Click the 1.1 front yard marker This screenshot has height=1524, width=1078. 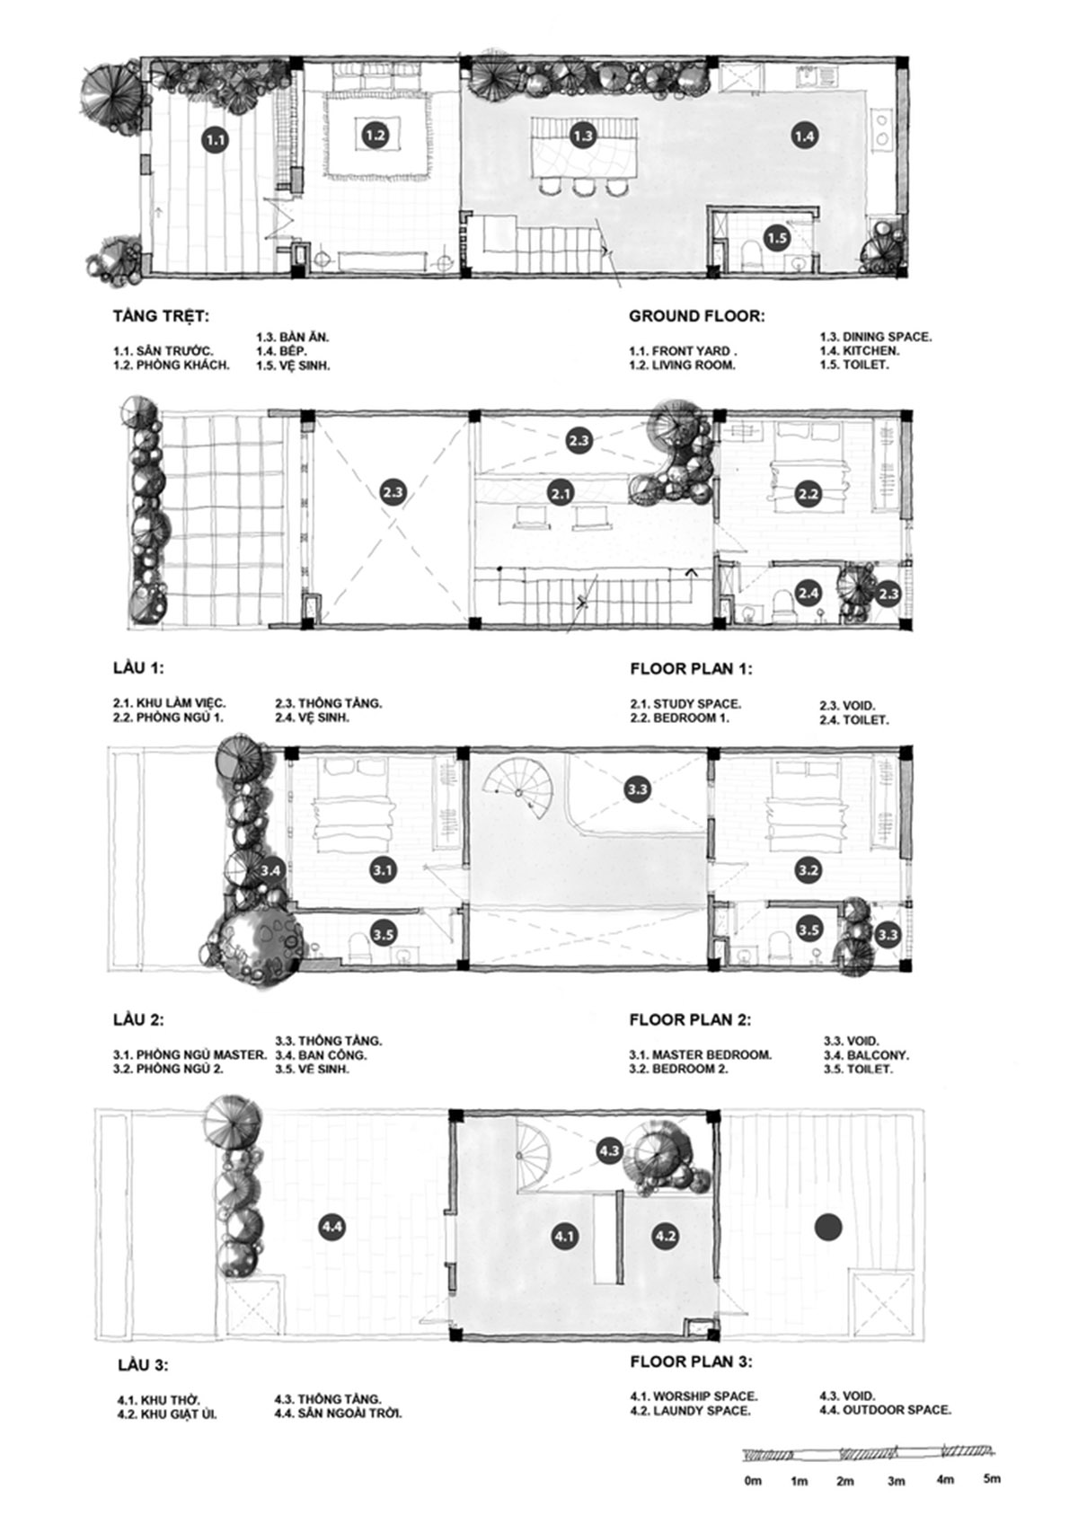pos(215,141)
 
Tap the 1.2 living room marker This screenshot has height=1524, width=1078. pos(375,136)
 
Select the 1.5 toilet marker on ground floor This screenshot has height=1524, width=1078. pos(776,238)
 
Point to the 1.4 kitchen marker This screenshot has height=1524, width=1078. pos(804,137)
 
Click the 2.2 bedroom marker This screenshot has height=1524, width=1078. pos(808,494)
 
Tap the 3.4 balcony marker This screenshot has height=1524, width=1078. pos(271,869)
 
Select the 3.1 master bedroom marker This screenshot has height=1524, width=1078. pos(384,869)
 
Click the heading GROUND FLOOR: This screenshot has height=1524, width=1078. pos(696,316)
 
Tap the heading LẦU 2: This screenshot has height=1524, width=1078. pos(138,1019)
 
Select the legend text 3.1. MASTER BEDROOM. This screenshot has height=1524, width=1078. pos(701,1054)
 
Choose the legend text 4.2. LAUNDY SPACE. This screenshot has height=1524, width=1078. pos(691,1410)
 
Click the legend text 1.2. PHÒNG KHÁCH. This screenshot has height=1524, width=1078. pos(172,365)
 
